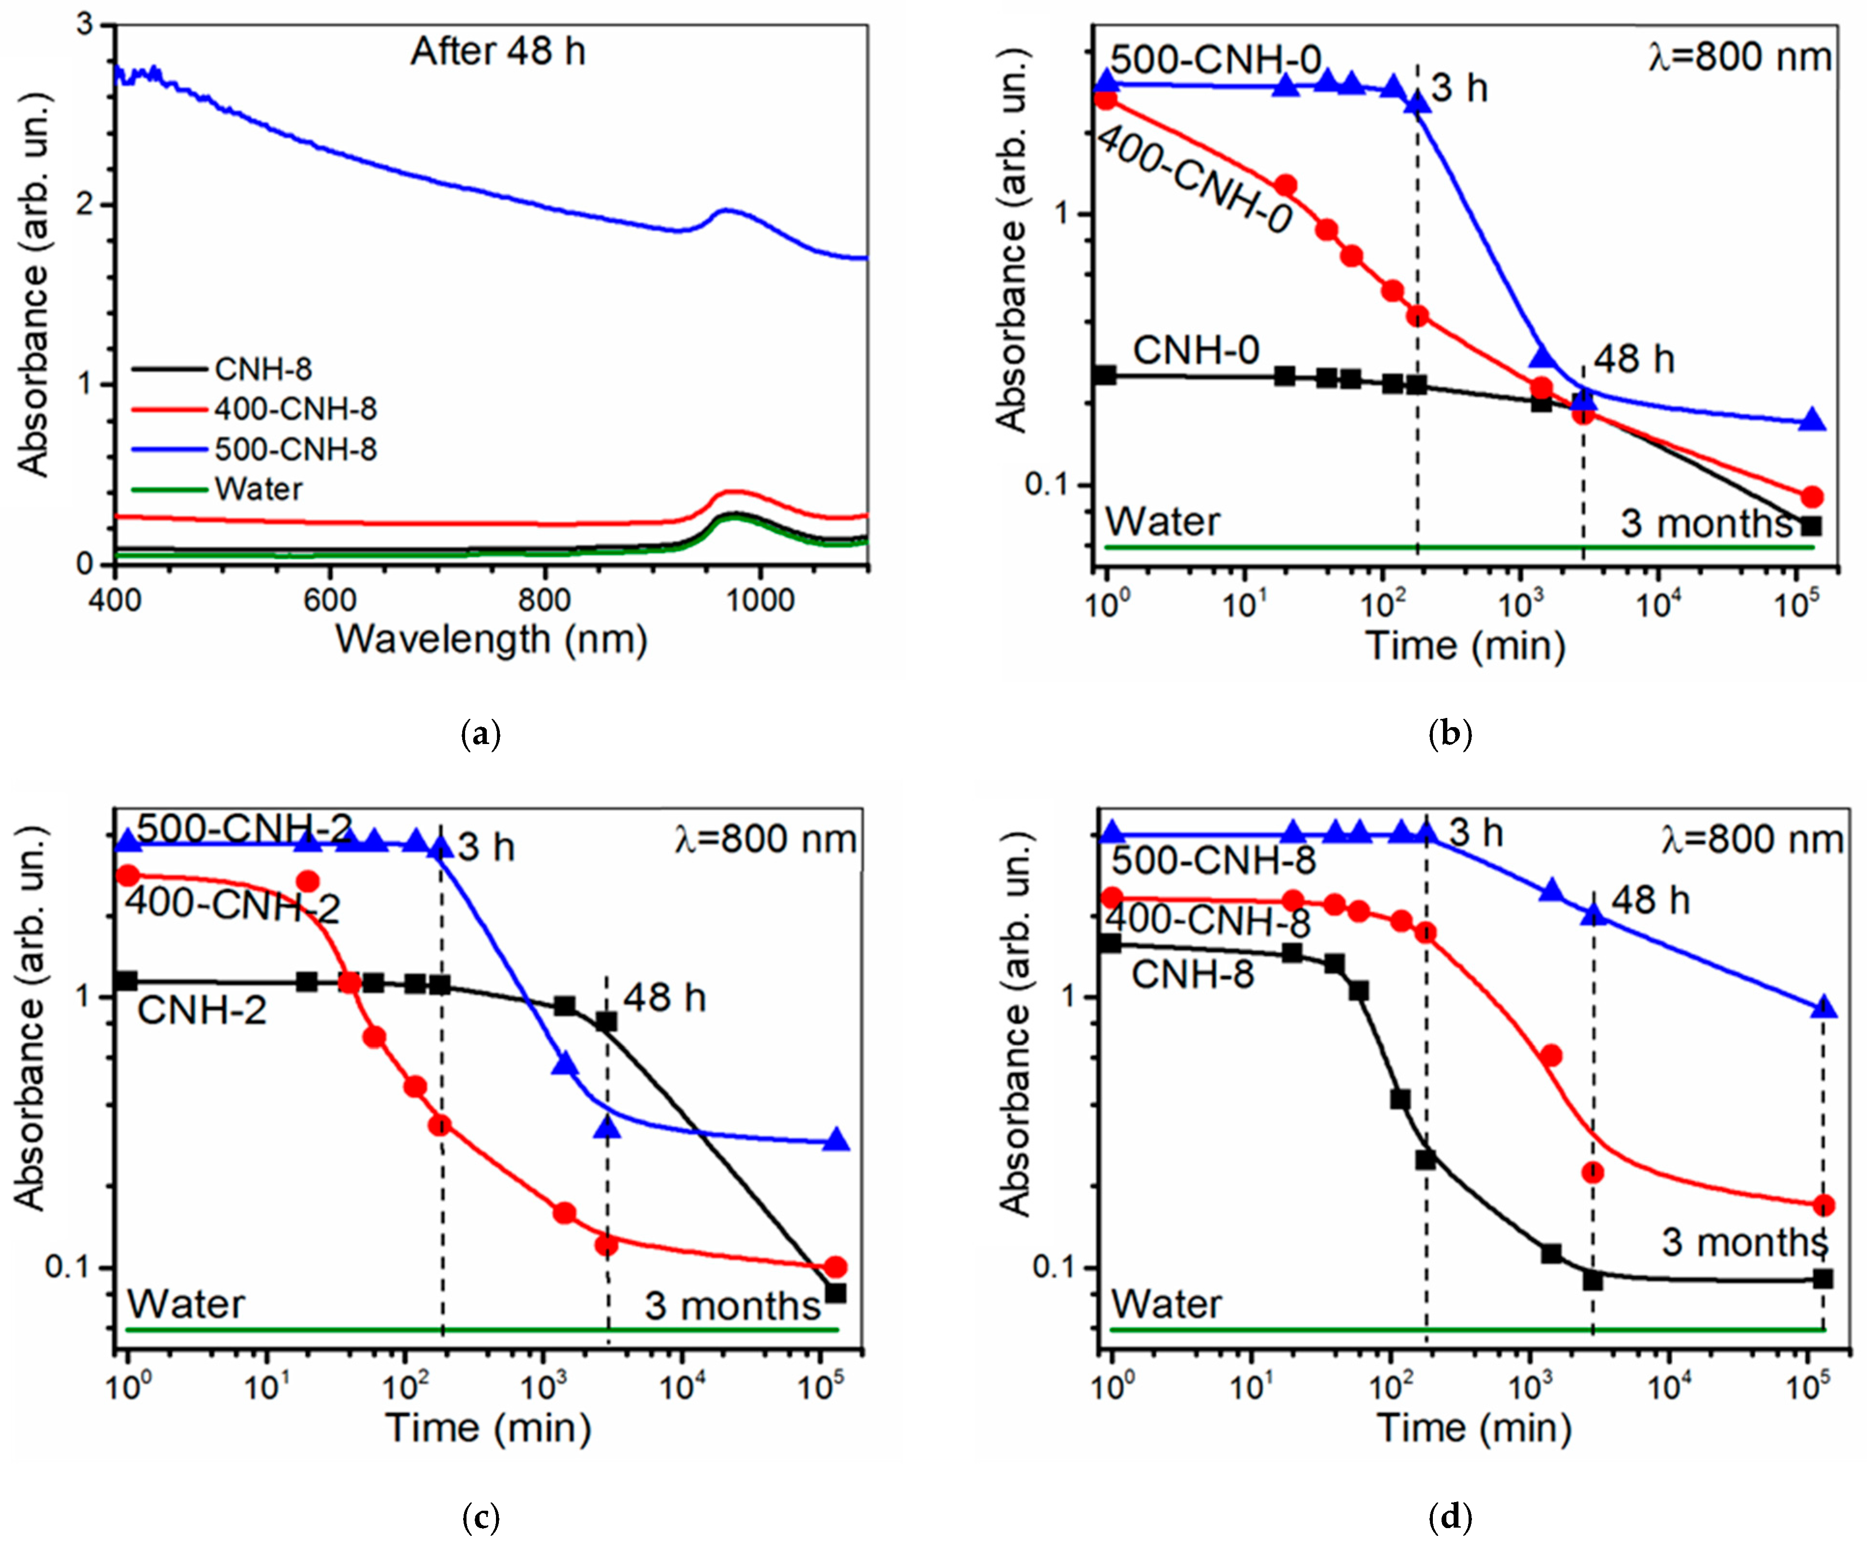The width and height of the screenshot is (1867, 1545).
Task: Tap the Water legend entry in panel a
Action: coord(258,490)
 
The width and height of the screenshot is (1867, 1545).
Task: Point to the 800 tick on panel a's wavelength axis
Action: coord(544,600)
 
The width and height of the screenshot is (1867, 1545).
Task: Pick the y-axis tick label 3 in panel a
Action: coord(85,25)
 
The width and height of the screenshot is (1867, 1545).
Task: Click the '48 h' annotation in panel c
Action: coord(664,998)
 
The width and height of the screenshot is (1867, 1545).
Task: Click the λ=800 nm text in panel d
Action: coord(1752,839)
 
